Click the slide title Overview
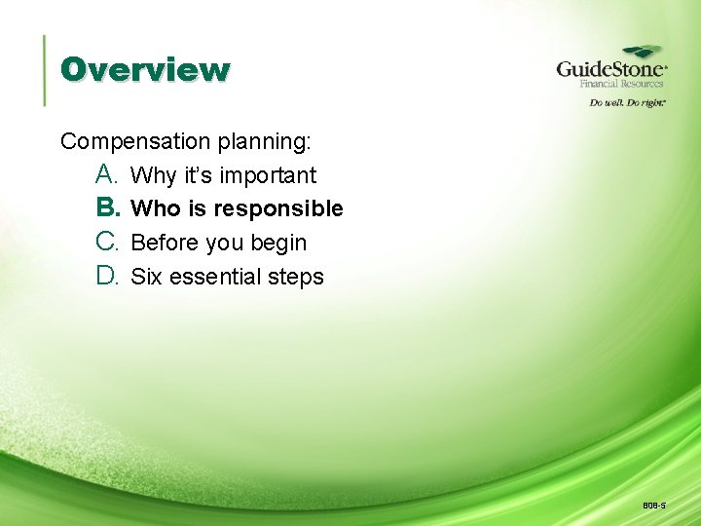[145, 70]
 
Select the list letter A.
[107, 174]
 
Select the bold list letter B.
[107, 207]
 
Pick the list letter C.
[107, 242]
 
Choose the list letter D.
[107, 276]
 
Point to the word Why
[152, 175]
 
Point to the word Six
[146, 277]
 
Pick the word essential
[214, 277]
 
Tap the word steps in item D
[295, 278]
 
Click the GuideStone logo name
[610, 70]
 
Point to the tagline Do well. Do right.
[627, 102]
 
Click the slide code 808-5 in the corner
[653, 506]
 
